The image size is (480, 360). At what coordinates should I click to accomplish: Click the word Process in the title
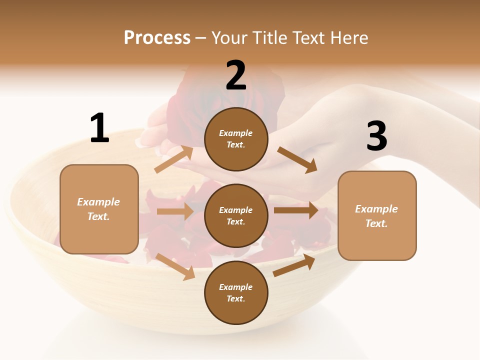(x=157, y=38)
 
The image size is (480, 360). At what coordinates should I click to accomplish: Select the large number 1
(x=99, y=128)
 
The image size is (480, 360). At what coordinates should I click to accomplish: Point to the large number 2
(x=236, y=76)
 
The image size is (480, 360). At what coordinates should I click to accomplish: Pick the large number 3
(x=376, y=136)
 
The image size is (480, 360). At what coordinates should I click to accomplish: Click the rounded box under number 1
(x=99, y=209)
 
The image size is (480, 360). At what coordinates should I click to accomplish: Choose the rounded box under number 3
(x=377, y=215)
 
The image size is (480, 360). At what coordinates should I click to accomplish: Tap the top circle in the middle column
(x=236, y=139)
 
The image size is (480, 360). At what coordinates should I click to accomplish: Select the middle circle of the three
(x=236, y=215)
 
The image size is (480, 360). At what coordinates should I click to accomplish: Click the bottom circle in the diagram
(x=236, y=292)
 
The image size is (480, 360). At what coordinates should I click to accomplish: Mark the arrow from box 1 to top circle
(x=174, y=159)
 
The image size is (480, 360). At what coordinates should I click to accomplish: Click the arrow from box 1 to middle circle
(x=175, y=211)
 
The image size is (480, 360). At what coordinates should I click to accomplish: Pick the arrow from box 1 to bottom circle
(x=175, y=266)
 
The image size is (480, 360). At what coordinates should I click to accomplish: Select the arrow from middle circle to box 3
(x=296, y=210)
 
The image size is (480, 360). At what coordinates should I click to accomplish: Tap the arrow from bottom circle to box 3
(x=294, y=265)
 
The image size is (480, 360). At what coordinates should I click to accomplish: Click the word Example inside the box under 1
(x=98, y=202)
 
